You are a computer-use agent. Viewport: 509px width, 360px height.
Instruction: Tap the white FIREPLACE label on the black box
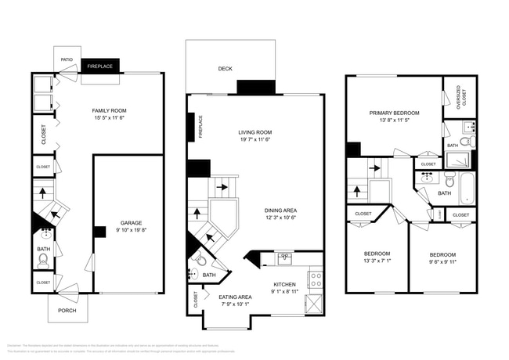[x=99, y=67]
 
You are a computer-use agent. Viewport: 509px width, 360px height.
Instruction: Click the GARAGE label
[x=131, y=223]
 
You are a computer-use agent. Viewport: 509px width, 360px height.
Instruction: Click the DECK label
[x=226, y=69]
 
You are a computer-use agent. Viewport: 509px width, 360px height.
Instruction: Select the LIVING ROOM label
[x=254, y=132]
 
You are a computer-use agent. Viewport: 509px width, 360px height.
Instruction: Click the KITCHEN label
[x=283, y=284]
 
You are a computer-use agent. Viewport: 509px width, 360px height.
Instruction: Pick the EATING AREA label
[x=235, y=297]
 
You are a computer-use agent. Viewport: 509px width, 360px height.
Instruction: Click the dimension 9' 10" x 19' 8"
[x=131, y=231]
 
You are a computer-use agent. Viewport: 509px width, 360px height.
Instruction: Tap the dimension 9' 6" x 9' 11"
[x=443, y=262]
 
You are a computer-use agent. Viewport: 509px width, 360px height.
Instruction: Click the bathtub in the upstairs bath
[x=467, y=189]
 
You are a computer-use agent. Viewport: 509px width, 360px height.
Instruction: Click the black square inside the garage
[x=99, y=232]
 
